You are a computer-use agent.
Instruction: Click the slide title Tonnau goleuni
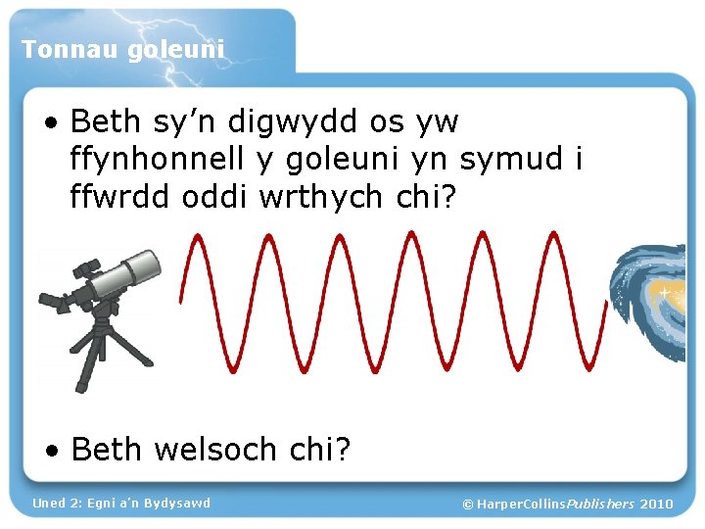pos(122,48)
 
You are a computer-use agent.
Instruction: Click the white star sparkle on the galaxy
pos(665,292)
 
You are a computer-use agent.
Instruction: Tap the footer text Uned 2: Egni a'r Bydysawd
pos(120,503)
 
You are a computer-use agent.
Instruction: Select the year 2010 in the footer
pos(656,504)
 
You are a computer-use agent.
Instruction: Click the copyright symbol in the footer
pos(467,504)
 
